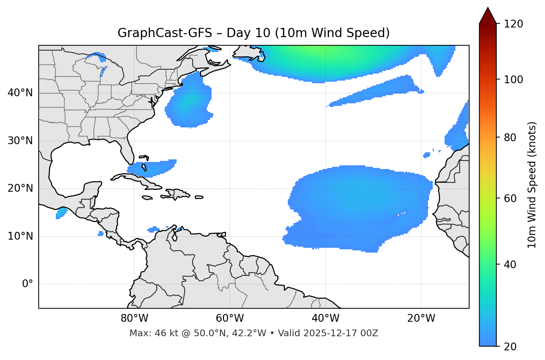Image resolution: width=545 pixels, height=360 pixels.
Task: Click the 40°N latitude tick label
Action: coord(20,93)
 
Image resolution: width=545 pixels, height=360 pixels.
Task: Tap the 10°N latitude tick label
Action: coord(20,236)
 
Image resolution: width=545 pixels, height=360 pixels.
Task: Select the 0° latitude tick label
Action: coord(28,284)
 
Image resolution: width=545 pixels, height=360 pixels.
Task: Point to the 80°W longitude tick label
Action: coord(134,318)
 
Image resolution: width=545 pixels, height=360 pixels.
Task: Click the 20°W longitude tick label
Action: coord(421,318)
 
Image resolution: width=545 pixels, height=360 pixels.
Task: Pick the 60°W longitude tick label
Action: coord(230,318)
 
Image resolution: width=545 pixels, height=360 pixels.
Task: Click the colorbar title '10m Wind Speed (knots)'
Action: coord(532,185)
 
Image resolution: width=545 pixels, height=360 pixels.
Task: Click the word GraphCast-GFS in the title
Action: coord(165,33)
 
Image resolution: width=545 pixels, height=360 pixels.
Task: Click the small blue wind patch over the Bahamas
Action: coord(152,168)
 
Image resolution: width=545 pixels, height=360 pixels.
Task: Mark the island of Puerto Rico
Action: coord(199,197)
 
